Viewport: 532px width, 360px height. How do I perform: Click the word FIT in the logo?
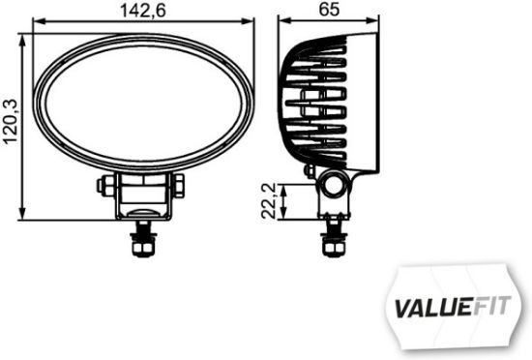(489, 310)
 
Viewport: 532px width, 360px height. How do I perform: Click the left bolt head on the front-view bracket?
(102, 185)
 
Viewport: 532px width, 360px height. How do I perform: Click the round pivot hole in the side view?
(332, 186)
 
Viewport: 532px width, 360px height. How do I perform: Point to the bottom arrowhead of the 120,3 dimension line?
(23, 217)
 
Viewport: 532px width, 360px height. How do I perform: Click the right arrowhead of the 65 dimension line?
(375, 22)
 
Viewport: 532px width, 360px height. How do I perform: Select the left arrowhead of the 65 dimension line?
(281, 22)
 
